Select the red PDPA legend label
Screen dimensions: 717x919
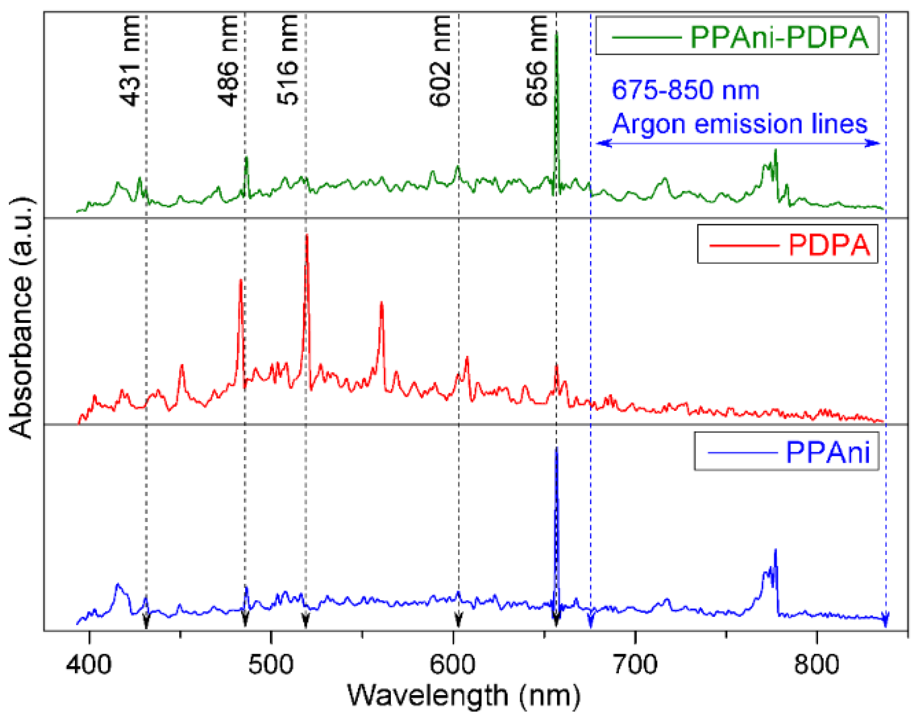(829, 245)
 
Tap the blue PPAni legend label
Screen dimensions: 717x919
(827, 452)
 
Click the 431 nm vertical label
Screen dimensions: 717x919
(130, 60)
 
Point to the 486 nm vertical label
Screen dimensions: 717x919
(228, 60)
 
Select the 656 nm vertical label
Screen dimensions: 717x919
(537, 60)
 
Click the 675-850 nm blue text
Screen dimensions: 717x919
(685, 90)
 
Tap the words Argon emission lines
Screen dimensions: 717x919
(739, 124)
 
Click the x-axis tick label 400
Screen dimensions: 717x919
(89, 664)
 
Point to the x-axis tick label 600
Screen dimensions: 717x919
(452, 664)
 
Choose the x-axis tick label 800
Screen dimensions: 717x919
(817, 664)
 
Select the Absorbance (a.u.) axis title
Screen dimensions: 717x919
(21, 317)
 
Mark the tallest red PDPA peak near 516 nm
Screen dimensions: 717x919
(307, 237)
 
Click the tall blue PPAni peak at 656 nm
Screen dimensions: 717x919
(556, 451)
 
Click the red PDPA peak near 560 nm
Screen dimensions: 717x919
(382, 304)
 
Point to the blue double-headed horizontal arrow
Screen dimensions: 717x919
(738, 143)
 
